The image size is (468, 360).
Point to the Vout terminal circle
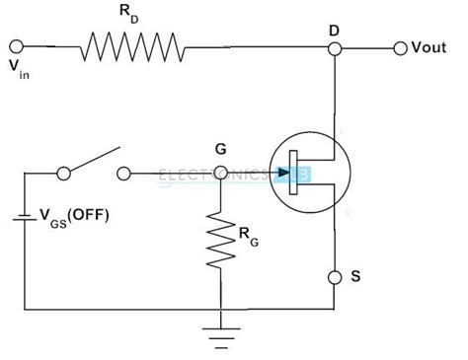pyautogui.click(x=400, y=47)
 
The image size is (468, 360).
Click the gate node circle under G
pyautogui.click(x=220, y=175)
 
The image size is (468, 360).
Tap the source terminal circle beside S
pyautogui.click(x=337, y=274)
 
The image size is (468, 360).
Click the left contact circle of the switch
pyautogui.click(x=65, y=175)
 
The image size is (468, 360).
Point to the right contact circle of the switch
pyautogui.click(x=123, y=175)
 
